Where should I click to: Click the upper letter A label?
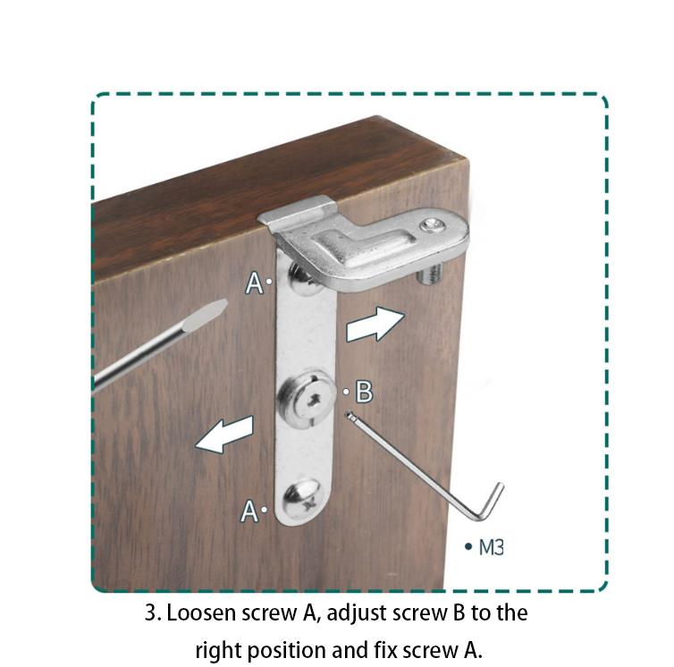pos(254,283)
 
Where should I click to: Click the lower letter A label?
pos(249,511)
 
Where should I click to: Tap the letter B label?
pos(365,392)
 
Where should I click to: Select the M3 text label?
pos(491,547)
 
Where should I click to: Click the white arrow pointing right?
pos(375,325)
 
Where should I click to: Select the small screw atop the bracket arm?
pos(431,225)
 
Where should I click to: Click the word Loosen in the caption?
pos(201,612)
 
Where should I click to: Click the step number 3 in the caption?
pos(151,612)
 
